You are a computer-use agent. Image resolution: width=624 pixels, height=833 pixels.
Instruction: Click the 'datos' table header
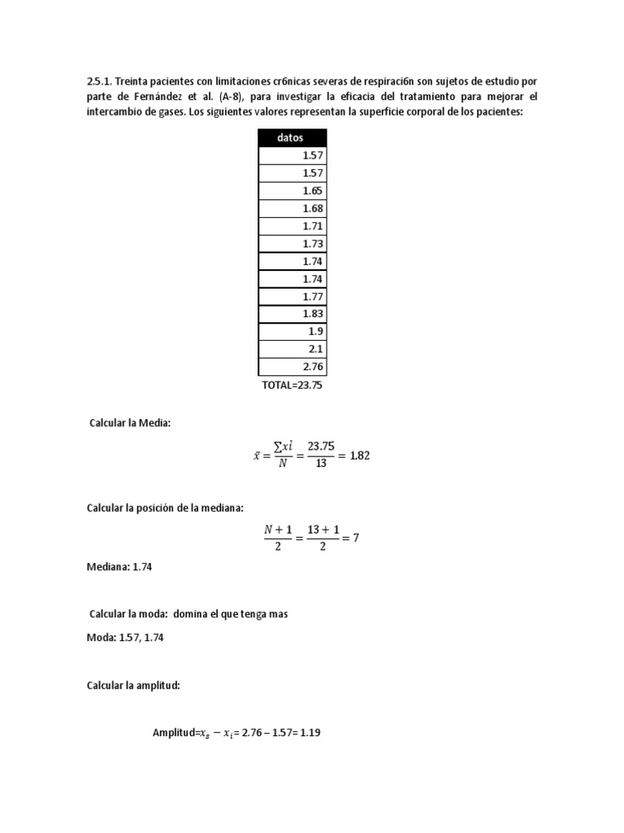coord(292,137)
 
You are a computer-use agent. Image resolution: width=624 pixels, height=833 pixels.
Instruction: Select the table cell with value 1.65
coord(292,191)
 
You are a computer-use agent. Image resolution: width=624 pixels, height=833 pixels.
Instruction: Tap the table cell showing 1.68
coord(292,208)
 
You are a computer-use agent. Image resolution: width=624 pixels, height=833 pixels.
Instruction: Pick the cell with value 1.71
coord(292,226)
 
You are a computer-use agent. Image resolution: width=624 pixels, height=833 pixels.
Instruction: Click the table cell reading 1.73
coord(292,243)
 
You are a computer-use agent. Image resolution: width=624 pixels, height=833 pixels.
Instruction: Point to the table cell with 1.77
coord(292,296)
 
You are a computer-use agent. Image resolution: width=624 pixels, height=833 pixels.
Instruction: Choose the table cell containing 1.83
coord(292,314)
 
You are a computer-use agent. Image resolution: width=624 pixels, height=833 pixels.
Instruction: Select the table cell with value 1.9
coord(292,332)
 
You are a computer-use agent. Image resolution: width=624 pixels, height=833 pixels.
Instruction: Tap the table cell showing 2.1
coord(292,349)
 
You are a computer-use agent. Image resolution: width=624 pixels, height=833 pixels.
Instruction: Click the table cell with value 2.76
coord(292,367)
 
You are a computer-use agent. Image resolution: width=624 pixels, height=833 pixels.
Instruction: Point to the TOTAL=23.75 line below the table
coord(292,386)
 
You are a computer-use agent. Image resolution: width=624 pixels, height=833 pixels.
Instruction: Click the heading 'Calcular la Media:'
coord(129,423)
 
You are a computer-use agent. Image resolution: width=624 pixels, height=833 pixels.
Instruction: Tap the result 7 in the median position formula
coord(355,539)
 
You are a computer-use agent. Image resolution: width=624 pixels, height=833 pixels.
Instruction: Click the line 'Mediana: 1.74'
coord(119,568)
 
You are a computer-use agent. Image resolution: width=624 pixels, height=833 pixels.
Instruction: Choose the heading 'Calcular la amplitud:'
coord(133,686)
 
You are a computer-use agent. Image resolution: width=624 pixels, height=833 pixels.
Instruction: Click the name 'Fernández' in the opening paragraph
coord(150,97)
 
